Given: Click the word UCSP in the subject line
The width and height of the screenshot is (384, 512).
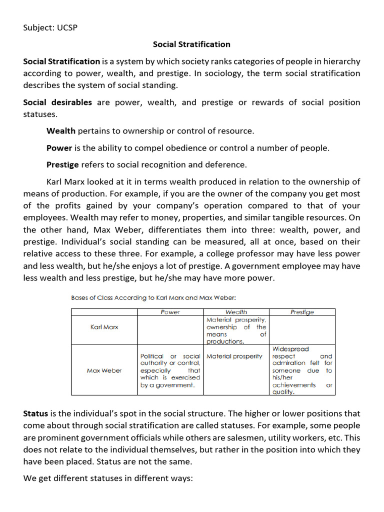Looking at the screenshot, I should tap(67, 27).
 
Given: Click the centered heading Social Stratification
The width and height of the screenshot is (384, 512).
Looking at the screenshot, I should tap(191, 44).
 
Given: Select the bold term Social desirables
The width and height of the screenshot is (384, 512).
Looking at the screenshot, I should tap(57, 102).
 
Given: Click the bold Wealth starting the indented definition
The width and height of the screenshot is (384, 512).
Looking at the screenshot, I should tap(61, 131).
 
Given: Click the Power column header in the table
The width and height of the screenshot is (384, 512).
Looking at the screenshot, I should tap(170, 312).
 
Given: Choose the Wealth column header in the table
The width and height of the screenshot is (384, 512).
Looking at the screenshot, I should tap(236, 312).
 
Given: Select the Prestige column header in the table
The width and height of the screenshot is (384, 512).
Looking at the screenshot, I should tap(302, 312).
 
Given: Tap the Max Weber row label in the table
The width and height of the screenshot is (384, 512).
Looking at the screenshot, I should tap(104, 370).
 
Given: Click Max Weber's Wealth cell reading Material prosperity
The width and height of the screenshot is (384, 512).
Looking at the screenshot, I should tap(234, 356).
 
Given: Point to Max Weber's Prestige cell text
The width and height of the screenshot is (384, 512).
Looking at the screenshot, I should tap(302, 370).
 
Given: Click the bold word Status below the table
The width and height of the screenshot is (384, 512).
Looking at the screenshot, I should tap(35, 413).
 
